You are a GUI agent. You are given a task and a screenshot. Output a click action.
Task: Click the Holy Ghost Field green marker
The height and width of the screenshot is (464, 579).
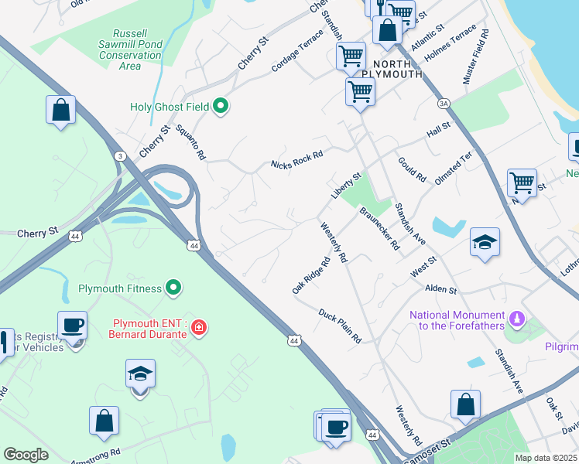tap(221, 106)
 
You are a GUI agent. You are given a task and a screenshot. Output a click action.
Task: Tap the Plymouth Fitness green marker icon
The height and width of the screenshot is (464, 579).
tap(174, 288)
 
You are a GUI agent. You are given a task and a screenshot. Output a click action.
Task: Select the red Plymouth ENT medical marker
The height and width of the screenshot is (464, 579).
tap(199, 329)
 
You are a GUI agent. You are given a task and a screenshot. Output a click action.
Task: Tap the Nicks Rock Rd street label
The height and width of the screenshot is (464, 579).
tap(296, 160)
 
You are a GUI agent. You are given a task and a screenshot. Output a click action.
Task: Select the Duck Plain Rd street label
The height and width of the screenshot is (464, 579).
tap(340, 326)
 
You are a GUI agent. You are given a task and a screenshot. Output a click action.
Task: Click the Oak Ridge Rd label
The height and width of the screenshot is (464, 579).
tap(311, 275)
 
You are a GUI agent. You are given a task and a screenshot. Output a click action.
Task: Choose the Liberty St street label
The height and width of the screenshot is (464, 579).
tap(346, 186)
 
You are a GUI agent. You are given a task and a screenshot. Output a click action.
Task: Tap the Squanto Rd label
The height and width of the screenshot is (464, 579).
tap(191, 143)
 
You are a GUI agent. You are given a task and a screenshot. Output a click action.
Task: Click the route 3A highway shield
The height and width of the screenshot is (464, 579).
tap(444, 103)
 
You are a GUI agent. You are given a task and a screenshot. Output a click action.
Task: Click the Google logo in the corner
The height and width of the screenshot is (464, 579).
tap(26, 455)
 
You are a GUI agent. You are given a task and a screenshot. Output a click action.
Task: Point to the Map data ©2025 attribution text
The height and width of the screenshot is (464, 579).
tap(546, 458)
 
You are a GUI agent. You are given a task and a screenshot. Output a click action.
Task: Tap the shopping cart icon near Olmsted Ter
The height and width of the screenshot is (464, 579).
tap(522, 184)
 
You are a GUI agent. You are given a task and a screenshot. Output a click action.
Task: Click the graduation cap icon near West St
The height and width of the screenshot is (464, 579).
tap(485, 243)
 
